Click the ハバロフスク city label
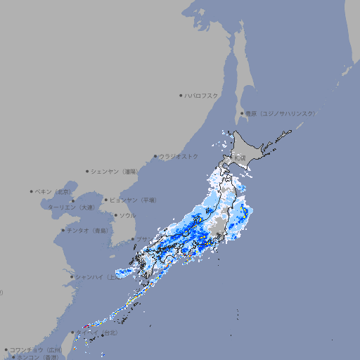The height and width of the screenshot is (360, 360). coord(202,95)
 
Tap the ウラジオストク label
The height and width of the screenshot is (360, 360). coord(178,156)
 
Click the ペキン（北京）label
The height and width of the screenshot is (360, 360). coord(54,191)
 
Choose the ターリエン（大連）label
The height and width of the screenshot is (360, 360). coord(70,207)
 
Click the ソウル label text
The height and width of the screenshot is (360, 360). coord(127,215)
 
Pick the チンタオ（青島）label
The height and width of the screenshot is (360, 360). coord(87,230)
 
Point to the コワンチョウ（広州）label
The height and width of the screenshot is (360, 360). coord(35,349)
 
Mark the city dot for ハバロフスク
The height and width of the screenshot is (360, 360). coord(181,95)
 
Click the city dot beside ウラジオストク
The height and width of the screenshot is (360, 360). coord(155,156)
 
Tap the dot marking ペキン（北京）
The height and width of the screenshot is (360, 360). coord(32,191)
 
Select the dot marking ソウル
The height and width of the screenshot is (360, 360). coord(115,215)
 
